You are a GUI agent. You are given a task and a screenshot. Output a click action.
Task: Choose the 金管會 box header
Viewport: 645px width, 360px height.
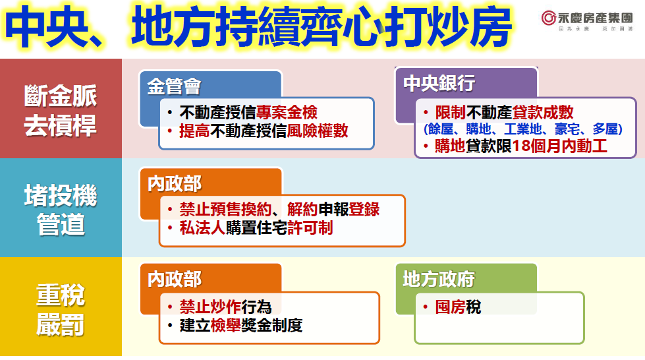click(x=175, y=86)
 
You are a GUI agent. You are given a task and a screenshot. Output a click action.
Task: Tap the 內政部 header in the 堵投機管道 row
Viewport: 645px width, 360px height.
click(x=175, y=183)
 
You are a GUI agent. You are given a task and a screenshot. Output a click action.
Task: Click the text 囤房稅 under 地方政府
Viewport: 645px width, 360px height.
click(x=458, y=307)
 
